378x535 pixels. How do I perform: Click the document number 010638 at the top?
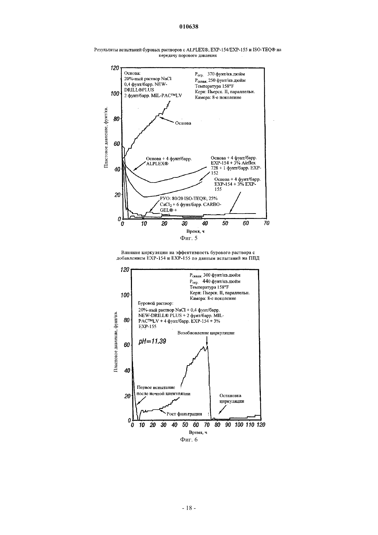189,26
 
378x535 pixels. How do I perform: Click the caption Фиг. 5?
189,238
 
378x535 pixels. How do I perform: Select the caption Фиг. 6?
189,440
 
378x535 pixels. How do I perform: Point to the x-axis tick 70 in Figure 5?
266,223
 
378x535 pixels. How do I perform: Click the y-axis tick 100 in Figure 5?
115,94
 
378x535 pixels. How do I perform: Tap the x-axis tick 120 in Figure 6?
261,425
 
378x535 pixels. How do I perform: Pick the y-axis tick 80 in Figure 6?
126,320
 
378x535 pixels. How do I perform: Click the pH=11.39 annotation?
152,341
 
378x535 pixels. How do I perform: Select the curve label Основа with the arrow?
183,123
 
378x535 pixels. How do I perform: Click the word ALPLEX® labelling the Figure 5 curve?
157,164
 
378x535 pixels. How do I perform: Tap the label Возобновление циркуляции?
206,333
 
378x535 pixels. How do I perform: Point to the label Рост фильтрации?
184,414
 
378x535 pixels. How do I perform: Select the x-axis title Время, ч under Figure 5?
196,231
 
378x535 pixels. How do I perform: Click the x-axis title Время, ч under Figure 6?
198,432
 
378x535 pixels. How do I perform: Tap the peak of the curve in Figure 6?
208,346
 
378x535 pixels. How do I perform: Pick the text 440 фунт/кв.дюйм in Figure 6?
221,281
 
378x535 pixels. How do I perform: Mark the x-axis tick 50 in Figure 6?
185,425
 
